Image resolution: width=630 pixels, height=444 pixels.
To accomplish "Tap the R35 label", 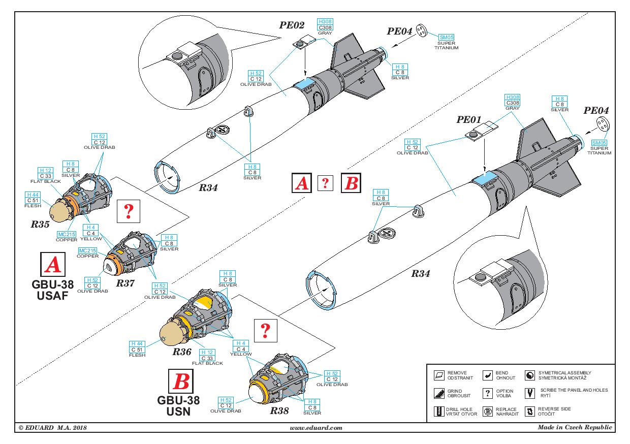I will click(40, 223).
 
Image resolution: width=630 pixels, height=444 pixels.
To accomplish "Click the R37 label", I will click(124, 283).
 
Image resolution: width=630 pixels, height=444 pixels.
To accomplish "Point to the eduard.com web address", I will click(316, 428).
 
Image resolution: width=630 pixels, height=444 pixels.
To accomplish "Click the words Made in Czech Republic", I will click(575, 427).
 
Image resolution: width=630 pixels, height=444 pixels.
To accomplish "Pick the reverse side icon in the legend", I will click(530, 411).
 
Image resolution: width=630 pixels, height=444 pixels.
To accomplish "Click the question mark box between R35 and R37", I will click(128, 211).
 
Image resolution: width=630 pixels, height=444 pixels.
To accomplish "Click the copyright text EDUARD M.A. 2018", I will click(52, 428).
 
